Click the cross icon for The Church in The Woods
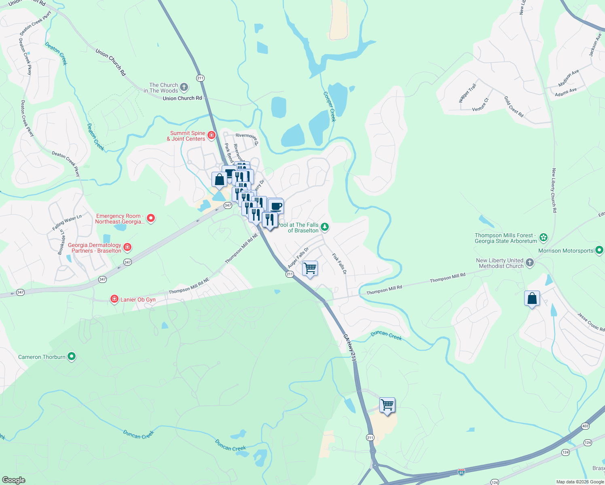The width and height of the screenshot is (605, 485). pyautogui.click(x=184, y=87)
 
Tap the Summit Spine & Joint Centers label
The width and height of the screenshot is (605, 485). pyautogui.click(x=186, y=136)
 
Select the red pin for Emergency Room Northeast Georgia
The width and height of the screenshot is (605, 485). pyautogui.click(x=151, y=218)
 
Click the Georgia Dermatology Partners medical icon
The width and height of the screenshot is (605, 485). pyautogui.click(x=127, y=247)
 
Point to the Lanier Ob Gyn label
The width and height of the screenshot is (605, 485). pyautogui.click(x=138, y=299)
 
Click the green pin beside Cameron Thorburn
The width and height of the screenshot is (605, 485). pyautogui.click(x=72, y=356)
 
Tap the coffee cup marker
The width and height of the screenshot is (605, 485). pyautogui.click(x=276, y=207)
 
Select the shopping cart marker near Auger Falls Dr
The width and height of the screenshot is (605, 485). pyautogui.click(x=310, y=268)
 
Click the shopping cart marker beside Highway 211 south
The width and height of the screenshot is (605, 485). pyautogui.click(x=387, y=404)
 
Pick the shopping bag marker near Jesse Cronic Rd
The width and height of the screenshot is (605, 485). pyautogui.click(x=532, y=299)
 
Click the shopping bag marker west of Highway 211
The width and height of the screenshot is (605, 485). pyautogui.click(x=219, y=179)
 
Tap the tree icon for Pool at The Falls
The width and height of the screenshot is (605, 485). pyautogui.click(x=324, y=227)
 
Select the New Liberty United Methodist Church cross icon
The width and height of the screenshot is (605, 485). pyautogui.click(x=529, y=263)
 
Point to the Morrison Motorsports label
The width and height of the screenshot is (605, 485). pyautogui.click(x=566, y=251)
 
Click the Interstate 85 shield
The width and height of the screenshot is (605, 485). pyautogui.click(x=461, y=472)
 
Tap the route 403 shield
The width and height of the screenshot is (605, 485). pyautogui.click(x=585, y=426)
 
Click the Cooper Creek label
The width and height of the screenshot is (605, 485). pyautogui.click(x=330, y=106)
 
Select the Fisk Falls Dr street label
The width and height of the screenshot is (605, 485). pyautogui.click(x=339, y=264)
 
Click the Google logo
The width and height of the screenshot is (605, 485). pyautogui.click(x=13, y=480)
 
